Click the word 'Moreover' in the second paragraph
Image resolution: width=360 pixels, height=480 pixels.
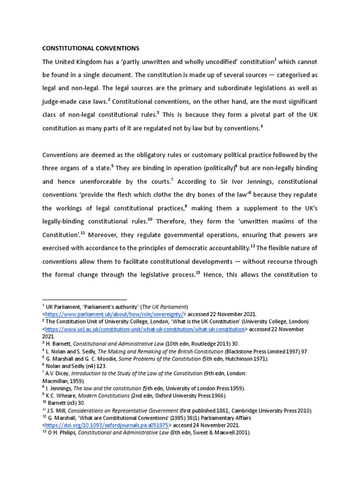[104, 235]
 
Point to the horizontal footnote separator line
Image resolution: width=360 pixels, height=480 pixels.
[84, 299]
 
